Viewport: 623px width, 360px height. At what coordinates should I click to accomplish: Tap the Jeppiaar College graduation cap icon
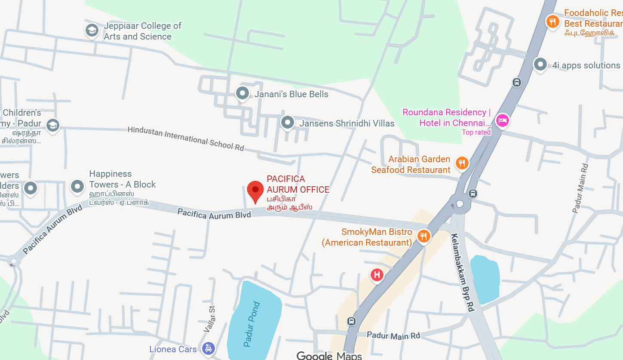coord(92,31)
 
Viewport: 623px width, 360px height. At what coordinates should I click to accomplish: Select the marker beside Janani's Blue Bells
coord(242,93)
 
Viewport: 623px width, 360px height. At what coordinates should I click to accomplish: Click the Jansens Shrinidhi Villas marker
coord(287,122)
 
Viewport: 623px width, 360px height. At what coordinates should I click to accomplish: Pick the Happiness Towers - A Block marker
coord(77,186)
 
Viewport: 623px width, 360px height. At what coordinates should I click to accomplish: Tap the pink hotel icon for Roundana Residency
coord(502,120)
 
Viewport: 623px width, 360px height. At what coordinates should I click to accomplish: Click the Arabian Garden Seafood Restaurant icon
coord(462,163)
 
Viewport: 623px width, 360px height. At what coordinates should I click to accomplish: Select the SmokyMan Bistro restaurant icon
coord(424,236)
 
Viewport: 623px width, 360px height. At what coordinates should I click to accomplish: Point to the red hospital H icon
coord(377,274)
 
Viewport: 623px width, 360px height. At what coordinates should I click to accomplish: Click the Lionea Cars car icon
coord(209,348)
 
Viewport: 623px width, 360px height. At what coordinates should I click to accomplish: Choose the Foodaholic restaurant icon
coord(552,21)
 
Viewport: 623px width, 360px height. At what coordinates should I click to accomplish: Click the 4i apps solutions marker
coord(540,64)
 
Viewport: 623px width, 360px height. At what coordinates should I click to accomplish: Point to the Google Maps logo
coord(329,355)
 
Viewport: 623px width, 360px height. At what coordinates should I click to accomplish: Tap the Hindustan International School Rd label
coord(186,138)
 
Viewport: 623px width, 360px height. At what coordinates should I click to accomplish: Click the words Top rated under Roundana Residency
coord(476,132)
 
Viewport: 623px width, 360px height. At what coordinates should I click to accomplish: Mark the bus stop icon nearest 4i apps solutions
coord(517,82)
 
